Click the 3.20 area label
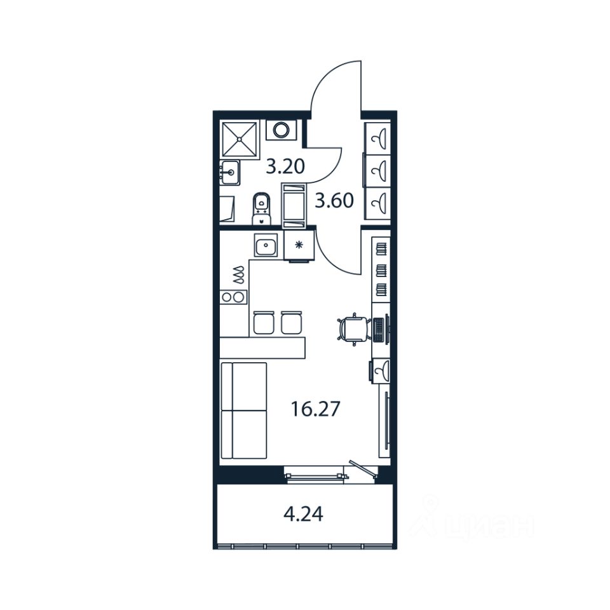pos(285,167)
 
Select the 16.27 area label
pos(316,408)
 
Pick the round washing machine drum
pos(280,130)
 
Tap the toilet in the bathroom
pos(261,207)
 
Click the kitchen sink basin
pos(264,245)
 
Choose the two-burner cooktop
pos(233,296)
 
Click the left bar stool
pos(262,322)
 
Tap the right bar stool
pos(290,322)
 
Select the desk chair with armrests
pos(353,329)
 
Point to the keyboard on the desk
pos(379,329)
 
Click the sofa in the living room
pos(243,410)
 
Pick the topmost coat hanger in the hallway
pos(380,137)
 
